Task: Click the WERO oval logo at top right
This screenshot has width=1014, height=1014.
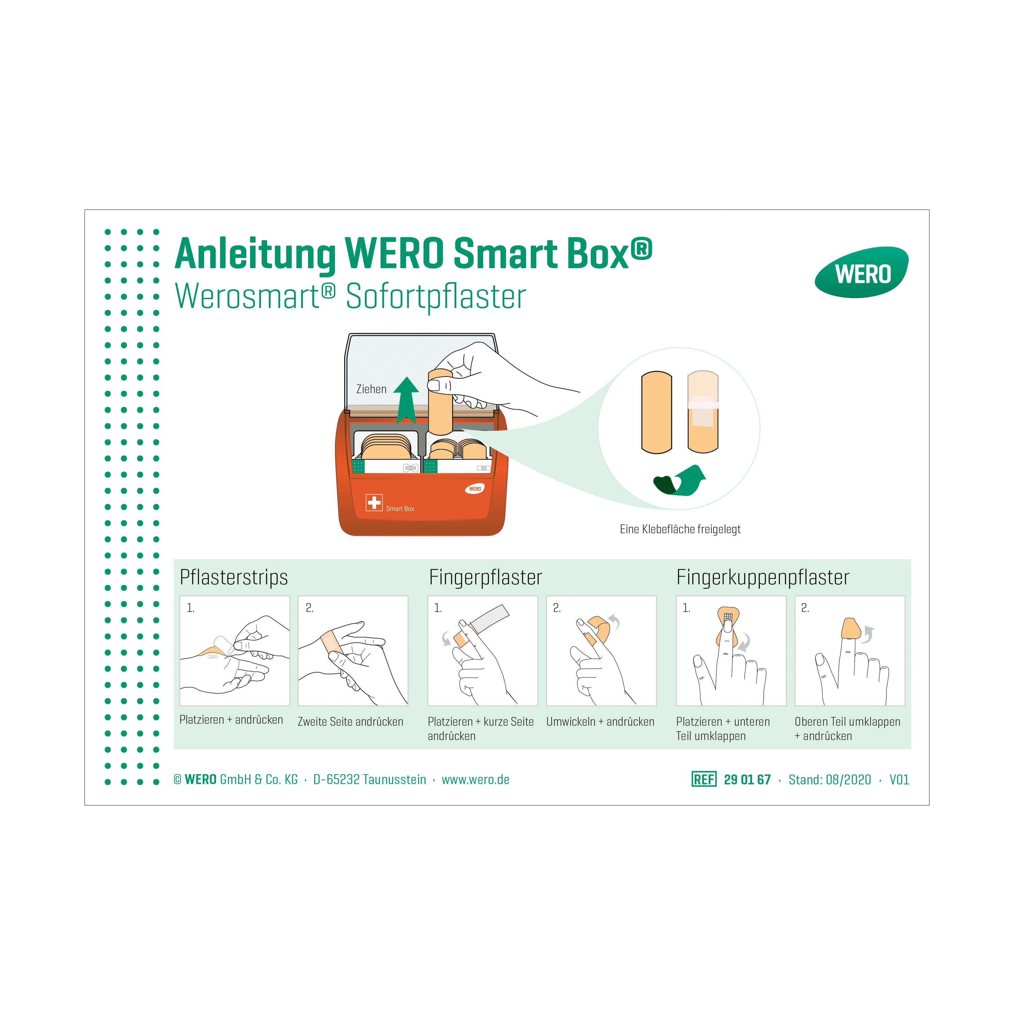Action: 861,272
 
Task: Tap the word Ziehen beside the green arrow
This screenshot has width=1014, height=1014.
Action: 371,389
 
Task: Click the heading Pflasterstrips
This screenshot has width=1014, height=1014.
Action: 233,577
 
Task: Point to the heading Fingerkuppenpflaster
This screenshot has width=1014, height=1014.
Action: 763,577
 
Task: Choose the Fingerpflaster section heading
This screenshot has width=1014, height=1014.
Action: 486,577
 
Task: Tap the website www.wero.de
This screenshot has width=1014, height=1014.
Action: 476,779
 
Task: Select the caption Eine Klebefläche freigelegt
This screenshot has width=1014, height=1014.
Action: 680,529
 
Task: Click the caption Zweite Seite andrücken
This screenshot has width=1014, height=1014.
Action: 351,722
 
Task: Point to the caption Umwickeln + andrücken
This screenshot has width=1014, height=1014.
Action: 600,722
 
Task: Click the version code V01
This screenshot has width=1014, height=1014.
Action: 899,779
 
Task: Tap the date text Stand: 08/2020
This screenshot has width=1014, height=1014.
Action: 830,779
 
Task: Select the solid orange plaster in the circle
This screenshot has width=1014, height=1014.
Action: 657,412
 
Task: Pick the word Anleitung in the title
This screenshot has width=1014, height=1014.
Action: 255,254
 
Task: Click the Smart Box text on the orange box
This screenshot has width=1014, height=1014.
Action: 400,509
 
